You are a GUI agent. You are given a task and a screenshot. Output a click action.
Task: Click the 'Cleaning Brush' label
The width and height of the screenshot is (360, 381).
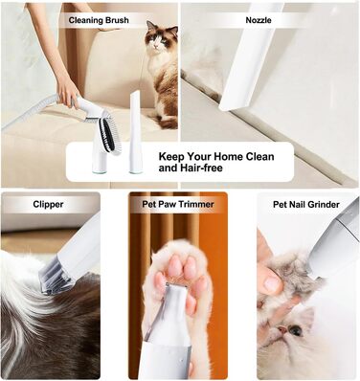(99, 20)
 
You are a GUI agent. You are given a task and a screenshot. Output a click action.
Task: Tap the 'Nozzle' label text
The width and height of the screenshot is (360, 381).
(259, 20)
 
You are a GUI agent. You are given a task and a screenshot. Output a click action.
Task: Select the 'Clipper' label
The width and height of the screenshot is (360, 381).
(48, 204)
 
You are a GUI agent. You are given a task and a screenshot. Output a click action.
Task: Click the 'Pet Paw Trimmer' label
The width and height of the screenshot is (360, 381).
(178, 204)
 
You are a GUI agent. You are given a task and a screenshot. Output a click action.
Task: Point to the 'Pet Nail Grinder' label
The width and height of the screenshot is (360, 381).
(306, 204)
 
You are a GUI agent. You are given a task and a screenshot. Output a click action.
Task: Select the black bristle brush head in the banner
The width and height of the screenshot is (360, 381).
(106, 132)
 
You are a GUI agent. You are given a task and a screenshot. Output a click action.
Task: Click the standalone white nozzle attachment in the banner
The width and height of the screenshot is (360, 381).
(135, 132)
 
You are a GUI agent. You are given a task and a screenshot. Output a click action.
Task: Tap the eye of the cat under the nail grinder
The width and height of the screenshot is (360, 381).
(295, 330)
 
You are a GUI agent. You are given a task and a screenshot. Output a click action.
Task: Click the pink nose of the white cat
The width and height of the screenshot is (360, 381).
(281, 329)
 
